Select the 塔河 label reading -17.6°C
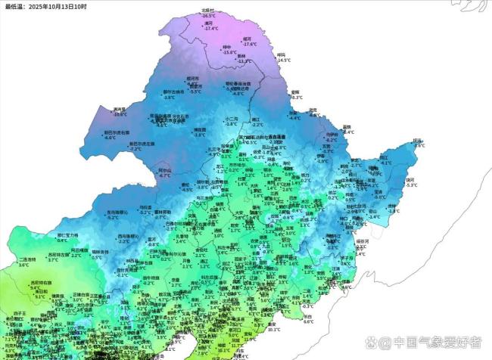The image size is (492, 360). click(x=247, y=39)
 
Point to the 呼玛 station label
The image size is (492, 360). click(x=282, y=54)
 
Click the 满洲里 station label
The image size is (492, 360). click(x=119, y=109)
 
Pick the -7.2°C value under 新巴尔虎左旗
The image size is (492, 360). click(x=136, y=149)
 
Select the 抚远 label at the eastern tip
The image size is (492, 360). click(x=417, y=140)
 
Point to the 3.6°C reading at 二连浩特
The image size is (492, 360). click(x=23, y=265)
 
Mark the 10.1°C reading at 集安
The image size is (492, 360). click(x=274, y=329)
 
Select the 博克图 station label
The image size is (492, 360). click(x=199, y=129)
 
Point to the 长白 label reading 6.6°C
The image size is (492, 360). click(x=307, y=316)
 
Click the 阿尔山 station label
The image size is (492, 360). click(x=164, y=170)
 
